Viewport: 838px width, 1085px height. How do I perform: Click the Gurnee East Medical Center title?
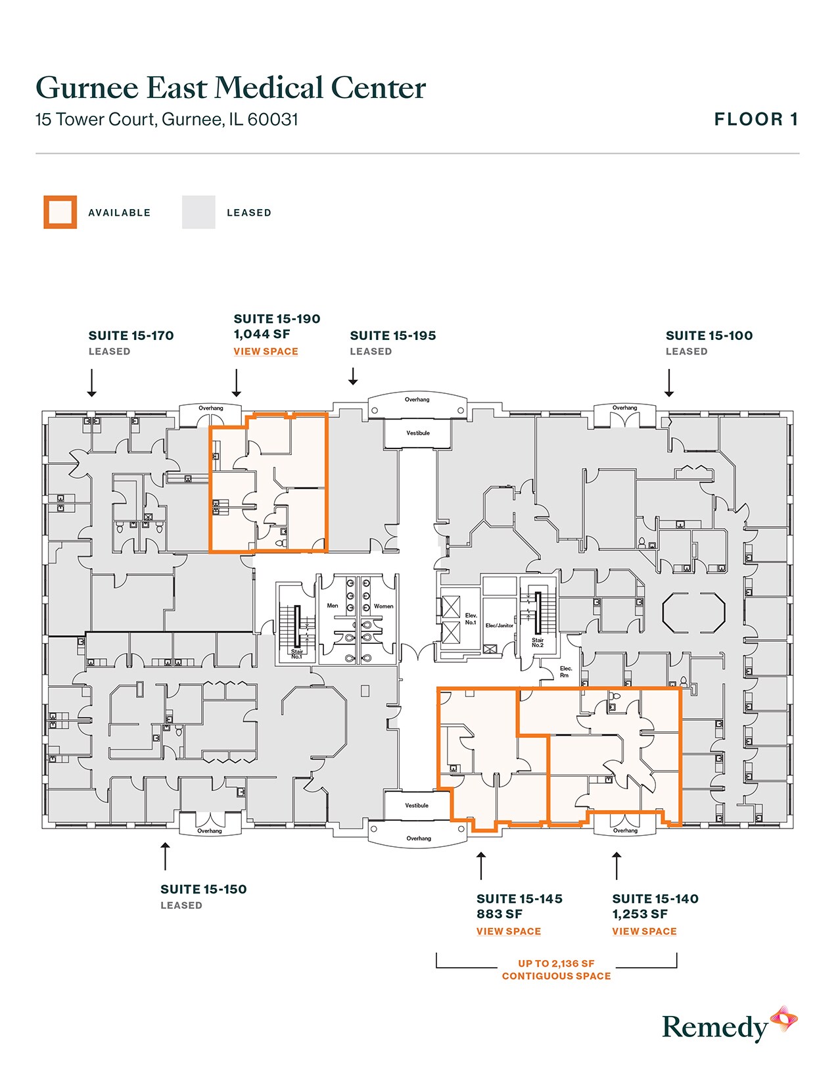[x=231, y=87]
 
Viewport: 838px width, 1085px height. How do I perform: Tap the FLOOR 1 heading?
[x=756, y=119]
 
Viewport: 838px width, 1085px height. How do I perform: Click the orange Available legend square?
[x=60, y=212]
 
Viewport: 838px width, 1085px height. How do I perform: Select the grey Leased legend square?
[x=198, y=212]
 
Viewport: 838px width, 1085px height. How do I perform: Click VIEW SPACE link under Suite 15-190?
[x=266, y=351]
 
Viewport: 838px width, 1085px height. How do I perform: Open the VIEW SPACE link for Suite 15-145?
[x=509, y=931]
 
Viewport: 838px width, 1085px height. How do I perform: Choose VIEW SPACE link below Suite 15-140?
[x=644, y=931]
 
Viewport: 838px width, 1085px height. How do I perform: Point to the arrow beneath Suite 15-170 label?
[x=92, y=383]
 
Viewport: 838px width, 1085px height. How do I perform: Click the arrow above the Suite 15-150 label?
[x=166, y=856]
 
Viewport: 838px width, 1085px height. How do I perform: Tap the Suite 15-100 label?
[x=709, y=335]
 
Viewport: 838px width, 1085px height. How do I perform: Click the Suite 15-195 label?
[x=393, y=335]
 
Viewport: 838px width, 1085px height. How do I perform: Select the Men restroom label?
[x=333, y=606]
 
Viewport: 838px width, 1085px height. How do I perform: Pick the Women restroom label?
[x=383, y=606]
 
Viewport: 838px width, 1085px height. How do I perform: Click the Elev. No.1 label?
[x=471, y=619]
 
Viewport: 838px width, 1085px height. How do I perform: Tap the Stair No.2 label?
[x=538, y=642]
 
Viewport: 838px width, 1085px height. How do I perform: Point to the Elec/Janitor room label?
[x=500, y=625]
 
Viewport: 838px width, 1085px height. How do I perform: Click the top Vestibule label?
[x=418, y=433]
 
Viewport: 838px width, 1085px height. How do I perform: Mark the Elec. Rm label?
[x=565, y=671]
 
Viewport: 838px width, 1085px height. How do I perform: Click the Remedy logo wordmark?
[x=715, y=1027]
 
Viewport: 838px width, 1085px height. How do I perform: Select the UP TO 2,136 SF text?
[x=556, y=963]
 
